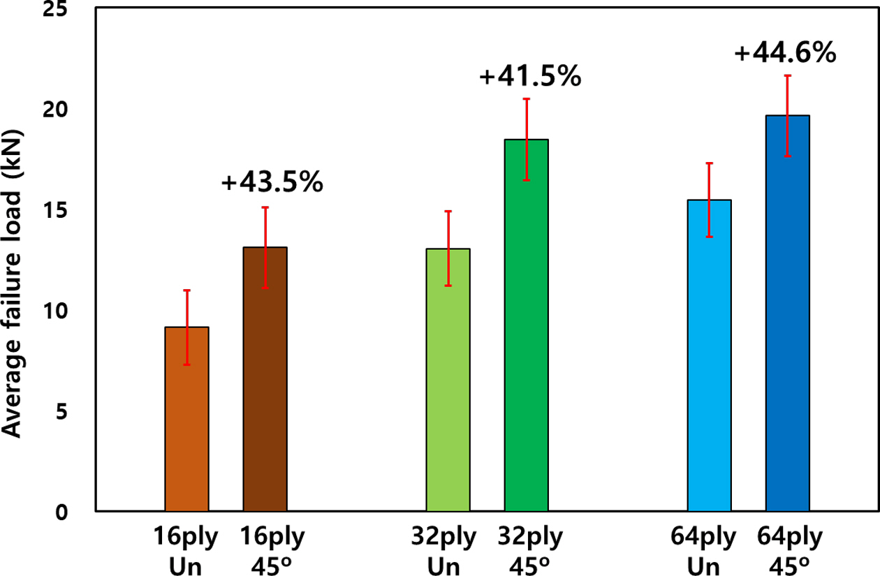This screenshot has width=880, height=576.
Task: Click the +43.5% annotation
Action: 272,182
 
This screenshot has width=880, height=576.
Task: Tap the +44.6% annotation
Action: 786,53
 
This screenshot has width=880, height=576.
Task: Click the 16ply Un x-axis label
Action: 186,551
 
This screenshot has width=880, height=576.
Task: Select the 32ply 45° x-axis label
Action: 529,551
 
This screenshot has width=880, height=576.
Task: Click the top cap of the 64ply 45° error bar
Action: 787,75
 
